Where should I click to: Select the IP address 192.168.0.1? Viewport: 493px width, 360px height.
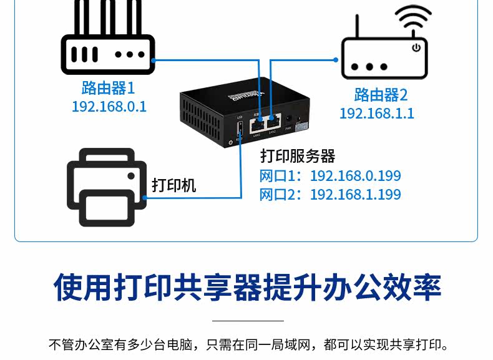[109, 106]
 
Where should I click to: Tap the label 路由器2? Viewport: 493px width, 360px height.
[381, 95]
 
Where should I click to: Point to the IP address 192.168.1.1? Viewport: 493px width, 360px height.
[376, 114]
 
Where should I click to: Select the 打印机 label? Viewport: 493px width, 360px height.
[174, 185]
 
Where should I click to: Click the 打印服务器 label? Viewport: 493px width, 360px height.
[298, 156]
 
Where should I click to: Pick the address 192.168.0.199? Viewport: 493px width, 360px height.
[355, 176]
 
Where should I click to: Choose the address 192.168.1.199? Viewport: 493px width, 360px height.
[355, 195]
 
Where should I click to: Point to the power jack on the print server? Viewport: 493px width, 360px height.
[289, 119]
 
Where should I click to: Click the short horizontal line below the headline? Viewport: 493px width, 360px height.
[247, 321]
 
